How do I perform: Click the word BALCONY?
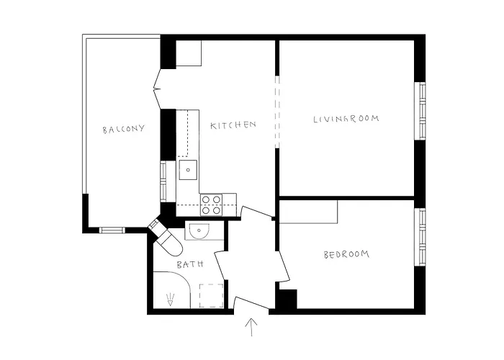coord(123,130)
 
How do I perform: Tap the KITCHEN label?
coord(233,125)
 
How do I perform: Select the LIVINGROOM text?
coord(346,119)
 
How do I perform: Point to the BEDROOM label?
coord(346,254)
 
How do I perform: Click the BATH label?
coord(190,265)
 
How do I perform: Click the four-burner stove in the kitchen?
coord(210,204)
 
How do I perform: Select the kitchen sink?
coord(188,171)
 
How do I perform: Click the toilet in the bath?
coord(170,242)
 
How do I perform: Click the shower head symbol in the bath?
coord(170,298)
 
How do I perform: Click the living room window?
coord(422,111)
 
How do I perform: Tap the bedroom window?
coord(422,237)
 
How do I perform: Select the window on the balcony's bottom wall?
coord(112,230)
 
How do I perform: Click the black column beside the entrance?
coord(287,299)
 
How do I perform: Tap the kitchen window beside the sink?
coord(163,180)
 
